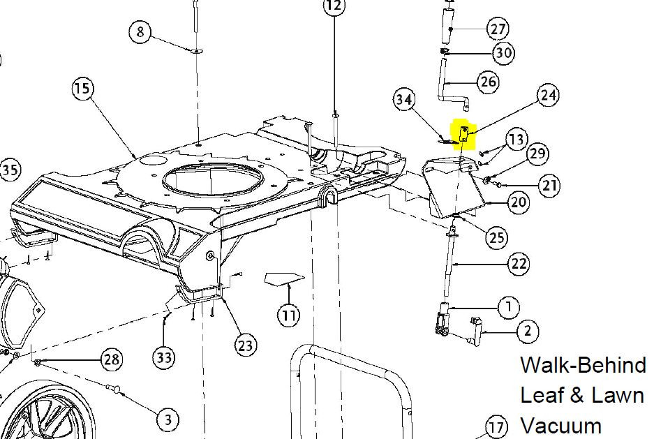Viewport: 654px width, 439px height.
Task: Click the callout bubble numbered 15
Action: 82,89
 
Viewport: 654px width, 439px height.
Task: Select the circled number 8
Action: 140,31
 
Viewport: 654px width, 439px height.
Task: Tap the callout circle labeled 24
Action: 548,96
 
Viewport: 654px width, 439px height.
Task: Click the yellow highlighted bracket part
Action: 463,134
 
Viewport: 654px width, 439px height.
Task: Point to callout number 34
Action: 403,100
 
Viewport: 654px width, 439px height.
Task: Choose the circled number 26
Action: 488,82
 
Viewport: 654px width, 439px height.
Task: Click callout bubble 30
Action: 503,53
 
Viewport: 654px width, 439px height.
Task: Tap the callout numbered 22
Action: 519,264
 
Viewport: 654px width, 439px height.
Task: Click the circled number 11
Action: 289,315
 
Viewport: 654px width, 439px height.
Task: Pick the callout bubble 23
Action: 245,345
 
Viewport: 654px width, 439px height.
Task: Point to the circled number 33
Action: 164,357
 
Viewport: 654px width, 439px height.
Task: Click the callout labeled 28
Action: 112,359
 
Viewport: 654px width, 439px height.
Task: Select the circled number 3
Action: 168,419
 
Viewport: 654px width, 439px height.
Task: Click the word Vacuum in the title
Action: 561,426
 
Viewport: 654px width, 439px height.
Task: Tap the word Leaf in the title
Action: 540,394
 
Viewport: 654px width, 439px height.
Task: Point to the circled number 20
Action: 519,202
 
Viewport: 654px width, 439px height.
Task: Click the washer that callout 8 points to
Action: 196,51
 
